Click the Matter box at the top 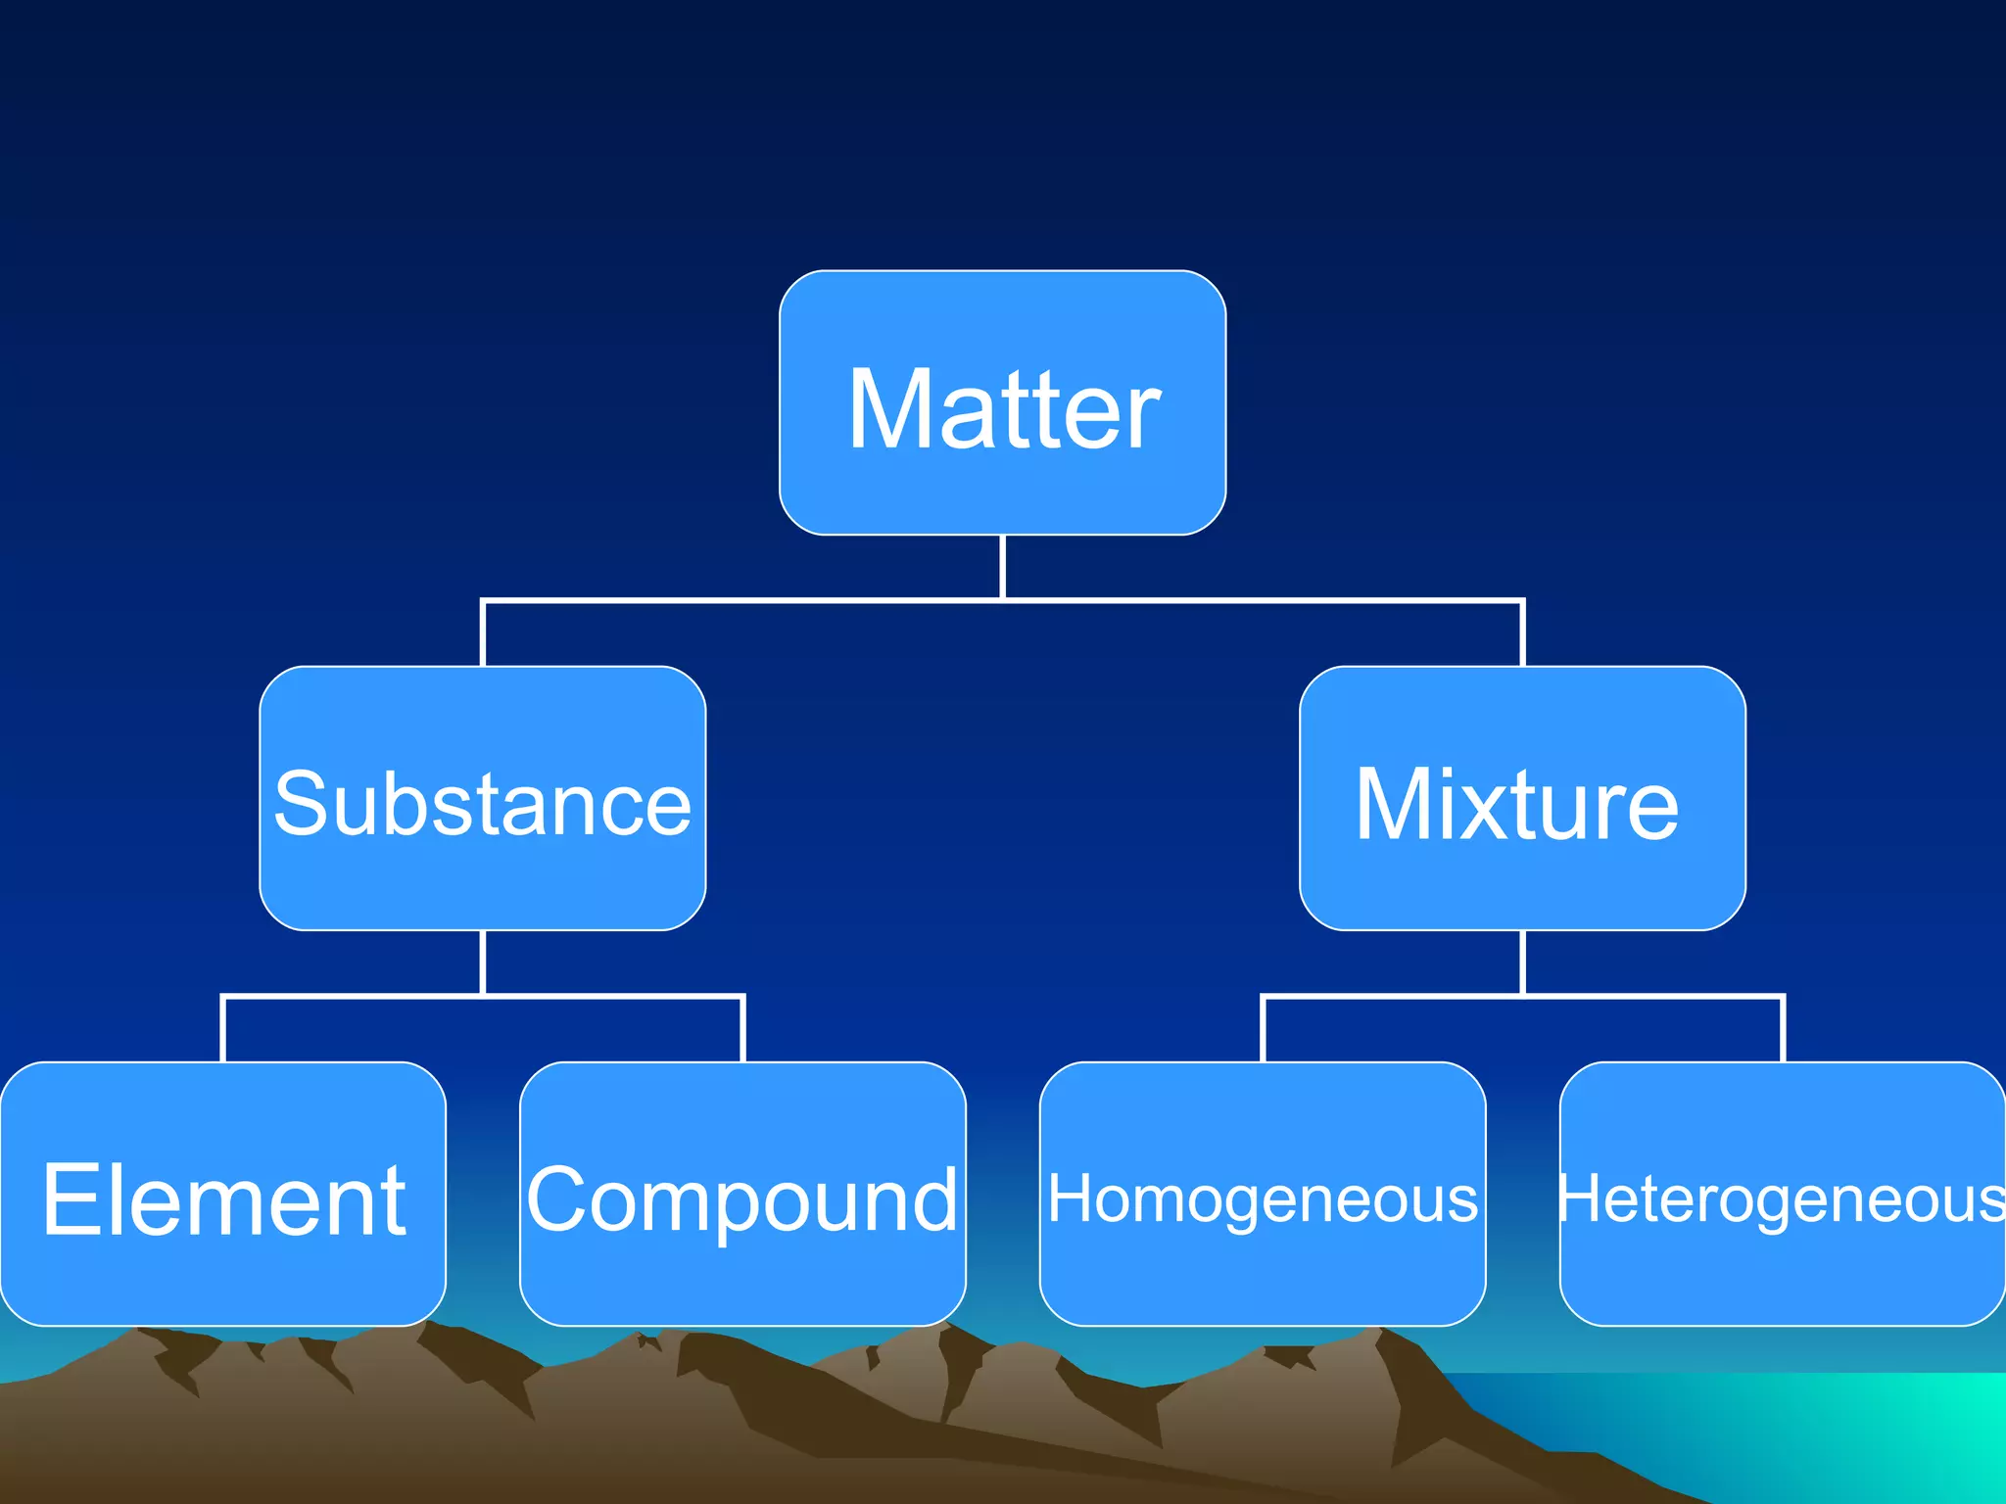pyautogui.click(x=1002, y=402)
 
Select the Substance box pyautogui.click(x=482, y=798)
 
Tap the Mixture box pyautogui.click(x=1522, y=798)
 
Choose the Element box pyautogui.click(x=223, y=1194)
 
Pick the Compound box pyautogui.click(x=742, y=1194)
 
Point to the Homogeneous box pyautogui.click(x=1263, y=1194)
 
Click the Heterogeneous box pyautogui.click(x=1782, y=1194)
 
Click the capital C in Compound pyautogui.click(x=558, y=1199)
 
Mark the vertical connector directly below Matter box pyautogui.click(x=1003, y=566)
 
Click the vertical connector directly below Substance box pyautogui.click(x=483, y=962)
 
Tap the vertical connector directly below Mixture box pyautogui.click(x=1522, y=962)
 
